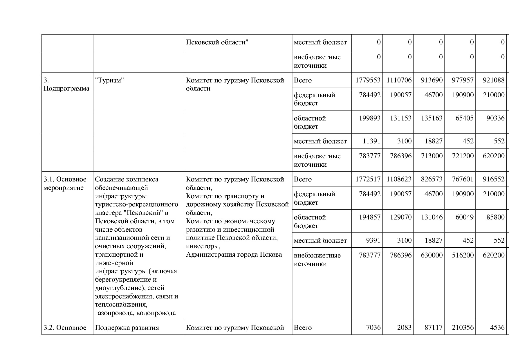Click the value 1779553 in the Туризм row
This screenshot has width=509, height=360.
coord(368,80)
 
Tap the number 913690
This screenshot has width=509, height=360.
coord(432,80)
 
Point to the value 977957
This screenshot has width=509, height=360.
coord(463,80)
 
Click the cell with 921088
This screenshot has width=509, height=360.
coord(494,80)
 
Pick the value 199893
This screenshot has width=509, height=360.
coord(369,118)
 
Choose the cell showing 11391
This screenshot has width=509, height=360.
coord(371,141)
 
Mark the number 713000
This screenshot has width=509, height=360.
coord(432,156)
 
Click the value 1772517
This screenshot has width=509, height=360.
coord(368,179)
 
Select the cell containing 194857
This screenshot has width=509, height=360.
coord(369,217)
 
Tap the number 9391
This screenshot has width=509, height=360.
coord(373,240)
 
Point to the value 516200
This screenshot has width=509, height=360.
coord(463,255)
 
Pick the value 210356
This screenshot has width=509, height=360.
coord(463,327)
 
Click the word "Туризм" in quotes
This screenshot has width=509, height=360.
coord(109,80)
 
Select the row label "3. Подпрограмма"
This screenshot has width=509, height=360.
coord(66,84)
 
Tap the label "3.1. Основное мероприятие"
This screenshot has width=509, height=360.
coord(65,183)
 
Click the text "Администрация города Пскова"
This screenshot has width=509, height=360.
coord(234,255)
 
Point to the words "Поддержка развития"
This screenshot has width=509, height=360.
coord(127,327)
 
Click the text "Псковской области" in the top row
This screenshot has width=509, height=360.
coord(217,42)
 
